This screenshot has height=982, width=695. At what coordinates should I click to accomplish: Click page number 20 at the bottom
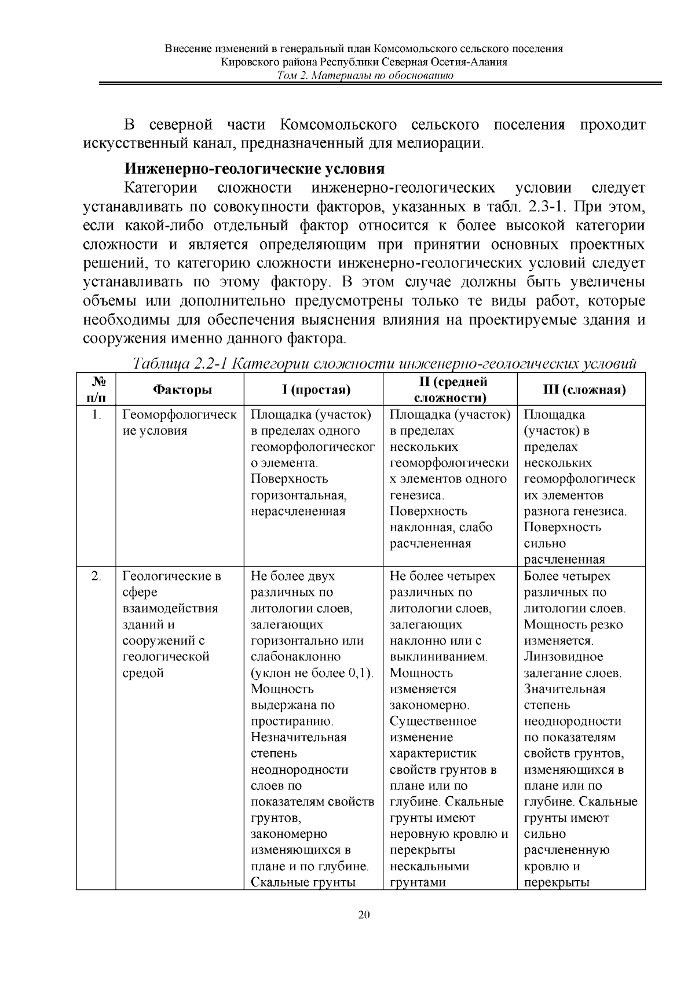click(x=364, y=914)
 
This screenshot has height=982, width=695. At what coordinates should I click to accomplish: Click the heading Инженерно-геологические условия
click(x=254, y=169)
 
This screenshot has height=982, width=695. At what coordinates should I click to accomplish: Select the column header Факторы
click(x=182, y=389)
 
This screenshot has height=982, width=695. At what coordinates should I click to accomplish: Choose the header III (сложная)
click(x=581, y=389)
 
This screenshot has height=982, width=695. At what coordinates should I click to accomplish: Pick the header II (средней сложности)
click(x=449, y=389)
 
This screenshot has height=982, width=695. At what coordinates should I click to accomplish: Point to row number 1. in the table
click(x=98, y=415)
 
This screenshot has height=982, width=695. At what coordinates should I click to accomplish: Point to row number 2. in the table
click(x=98, y=576)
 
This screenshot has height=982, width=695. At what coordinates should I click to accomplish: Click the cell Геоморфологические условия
click(x=179, y=422)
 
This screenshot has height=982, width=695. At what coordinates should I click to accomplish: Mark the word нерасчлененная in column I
click(x=298, y=512)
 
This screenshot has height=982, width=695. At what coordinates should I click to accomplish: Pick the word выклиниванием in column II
click(x=438, y=657)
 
